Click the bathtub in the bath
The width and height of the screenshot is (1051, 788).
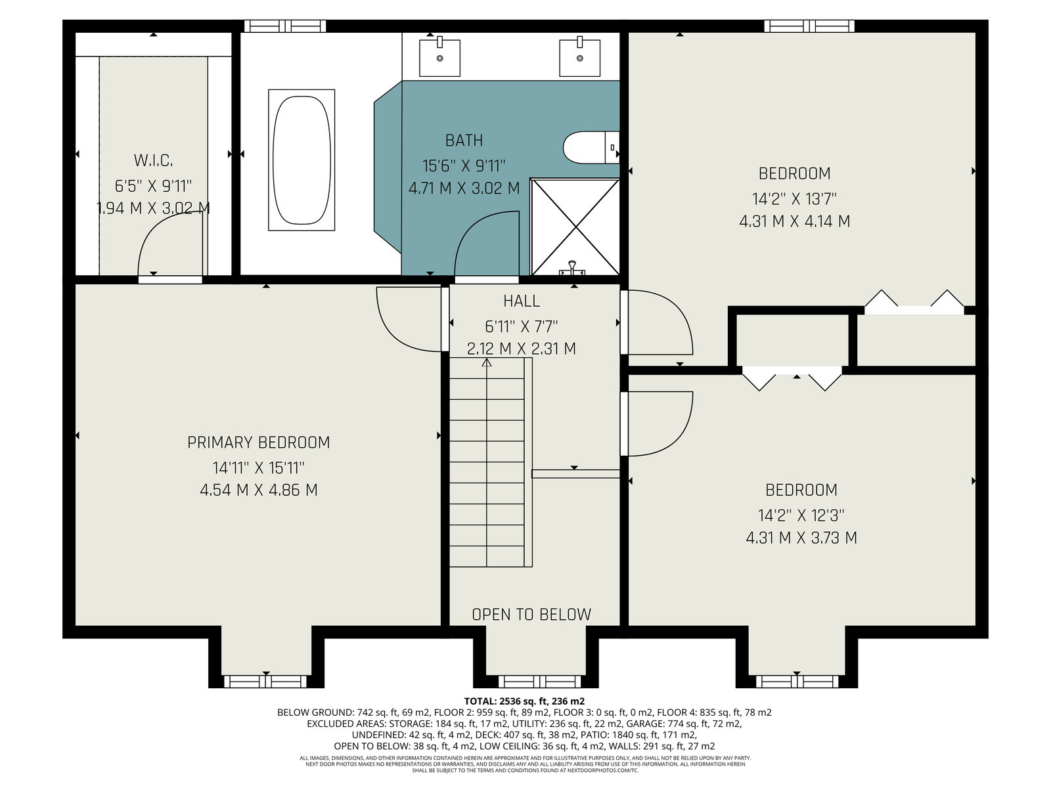tap(301, 160)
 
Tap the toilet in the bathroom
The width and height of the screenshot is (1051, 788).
tap(591, 147)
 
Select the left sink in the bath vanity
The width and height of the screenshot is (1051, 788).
tap(439, 58)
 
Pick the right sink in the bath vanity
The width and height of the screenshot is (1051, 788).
tap(579, 58)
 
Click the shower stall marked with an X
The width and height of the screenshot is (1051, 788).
tap(575, 227)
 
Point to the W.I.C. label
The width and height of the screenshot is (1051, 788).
tap(153, 160)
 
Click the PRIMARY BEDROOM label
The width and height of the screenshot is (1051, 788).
tap(259, 442)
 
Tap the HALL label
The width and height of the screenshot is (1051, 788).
tap(522, 301)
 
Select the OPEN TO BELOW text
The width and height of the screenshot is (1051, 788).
tap(531, 615)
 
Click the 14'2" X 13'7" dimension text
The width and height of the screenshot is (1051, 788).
tap(794, 198)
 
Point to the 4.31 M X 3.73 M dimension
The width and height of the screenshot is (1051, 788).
tap(801, 538)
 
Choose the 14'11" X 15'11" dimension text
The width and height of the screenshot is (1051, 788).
tap(259, 467)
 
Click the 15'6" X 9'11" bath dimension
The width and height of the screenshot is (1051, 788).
tap(464, 165)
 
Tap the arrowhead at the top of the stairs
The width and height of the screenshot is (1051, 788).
tap(487, 362)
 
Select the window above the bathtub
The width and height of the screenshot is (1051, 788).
tap(285, 26)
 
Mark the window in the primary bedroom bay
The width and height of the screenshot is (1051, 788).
tap(265, 682)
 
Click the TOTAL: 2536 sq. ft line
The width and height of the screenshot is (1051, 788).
tap(524, 701)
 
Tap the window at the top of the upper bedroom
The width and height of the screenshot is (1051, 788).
tap(809, 26)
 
